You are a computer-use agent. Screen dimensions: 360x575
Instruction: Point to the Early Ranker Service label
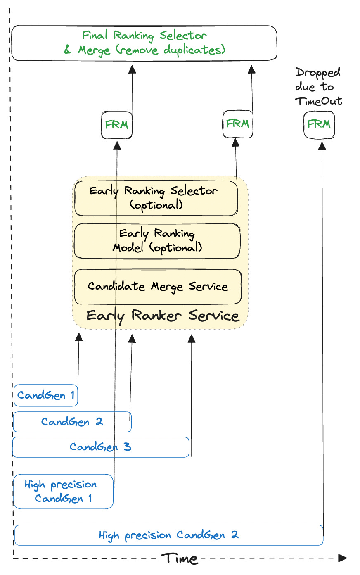point(163,316)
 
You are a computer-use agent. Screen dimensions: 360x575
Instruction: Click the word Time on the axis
point(180,558)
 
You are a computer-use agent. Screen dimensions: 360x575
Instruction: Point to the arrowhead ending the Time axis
point(342,558)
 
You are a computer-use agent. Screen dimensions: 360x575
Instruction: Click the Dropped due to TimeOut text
point(318,86)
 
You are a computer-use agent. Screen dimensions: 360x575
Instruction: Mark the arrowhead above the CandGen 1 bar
point(79,337)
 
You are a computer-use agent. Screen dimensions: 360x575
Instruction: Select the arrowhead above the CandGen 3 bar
point(192,338)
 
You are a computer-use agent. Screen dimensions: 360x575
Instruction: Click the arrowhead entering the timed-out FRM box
point(322,145)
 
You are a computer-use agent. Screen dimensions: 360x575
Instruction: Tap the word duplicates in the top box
point(194,50)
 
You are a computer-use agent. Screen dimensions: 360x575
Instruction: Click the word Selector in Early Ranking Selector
point(194,191)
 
